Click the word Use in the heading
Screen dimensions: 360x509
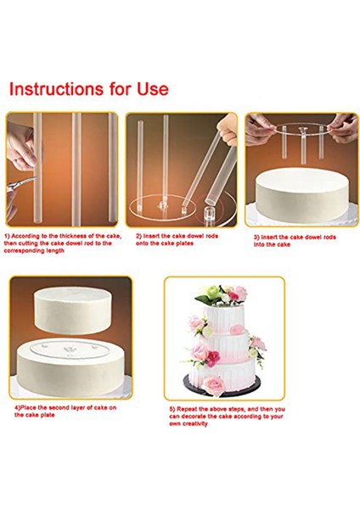point(153,88)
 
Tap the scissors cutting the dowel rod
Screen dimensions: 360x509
point(22,183)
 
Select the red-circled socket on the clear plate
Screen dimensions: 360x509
point(211,212)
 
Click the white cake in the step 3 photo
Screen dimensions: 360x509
point(302,196)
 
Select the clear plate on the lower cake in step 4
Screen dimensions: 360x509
point(70,350)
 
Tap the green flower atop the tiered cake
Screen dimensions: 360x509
point(212,291)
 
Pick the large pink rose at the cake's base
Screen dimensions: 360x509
point(215,385)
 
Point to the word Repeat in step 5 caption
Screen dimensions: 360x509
point(188,410)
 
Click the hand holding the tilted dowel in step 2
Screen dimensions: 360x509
point(227,130)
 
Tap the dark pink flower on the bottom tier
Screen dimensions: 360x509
point(212,359)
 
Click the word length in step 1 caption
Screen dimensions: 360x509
point(53,250)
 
